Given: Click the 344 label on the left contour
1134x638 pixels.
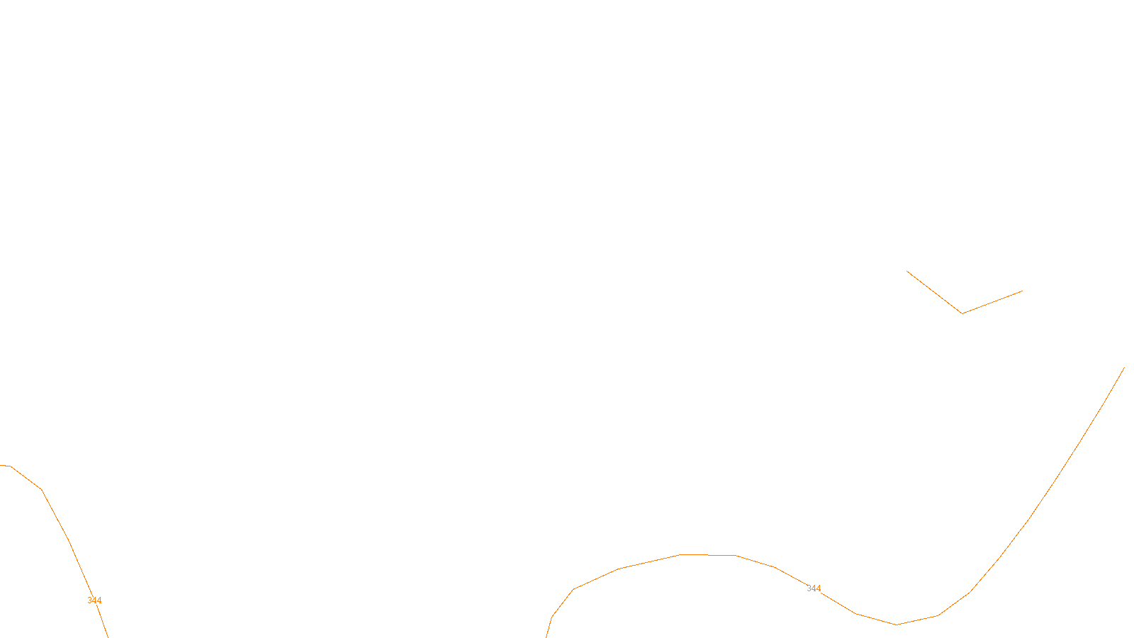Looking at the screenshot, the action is click(94, 600).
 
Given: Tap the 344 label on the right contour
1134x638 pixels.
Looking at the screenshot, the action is click(814, 588).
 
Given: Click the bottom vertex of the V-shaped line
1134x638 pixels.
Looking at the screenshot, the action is click(962, 313).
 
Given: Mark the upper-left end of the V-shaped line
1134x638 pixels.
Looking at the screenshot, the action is click(907, 272).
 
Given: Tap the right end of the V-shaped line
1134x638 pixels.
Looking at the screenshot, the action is click(1022, 291).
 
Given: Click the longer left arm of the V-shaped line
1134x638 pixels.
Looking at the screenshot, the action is click(934, 292).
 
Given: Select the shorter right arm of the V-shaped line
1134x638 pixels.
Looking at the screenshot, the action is click(992, 302).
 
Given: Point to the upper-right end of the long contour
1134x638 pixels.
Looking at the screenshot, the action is click(1124, 368).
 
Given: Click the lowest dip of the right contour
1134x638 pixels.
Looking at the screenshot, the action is click(896, 625).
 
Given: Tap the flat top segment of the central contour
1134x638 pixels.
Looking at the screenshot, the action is click(707, 555).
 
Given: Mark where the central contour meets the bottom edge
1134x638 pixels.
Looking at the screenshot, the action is click(546, 636).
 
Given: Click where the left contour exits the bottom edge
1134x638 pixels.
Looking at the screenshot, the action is click(107, 636).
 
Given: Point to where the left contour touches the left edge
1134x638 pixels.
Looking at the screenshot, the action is click(1, 465).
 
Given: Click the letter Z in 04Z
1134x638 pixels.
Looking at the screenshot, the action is click(542, 627).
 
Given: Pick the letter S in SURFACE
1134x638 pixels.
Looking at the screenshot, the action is click(552, 627).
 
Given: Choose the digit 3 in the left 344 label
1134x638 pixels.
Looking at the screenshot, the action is click(90, 600).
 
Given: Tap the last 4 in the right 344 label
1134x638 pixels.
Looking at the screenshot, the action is click(819, 588).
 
